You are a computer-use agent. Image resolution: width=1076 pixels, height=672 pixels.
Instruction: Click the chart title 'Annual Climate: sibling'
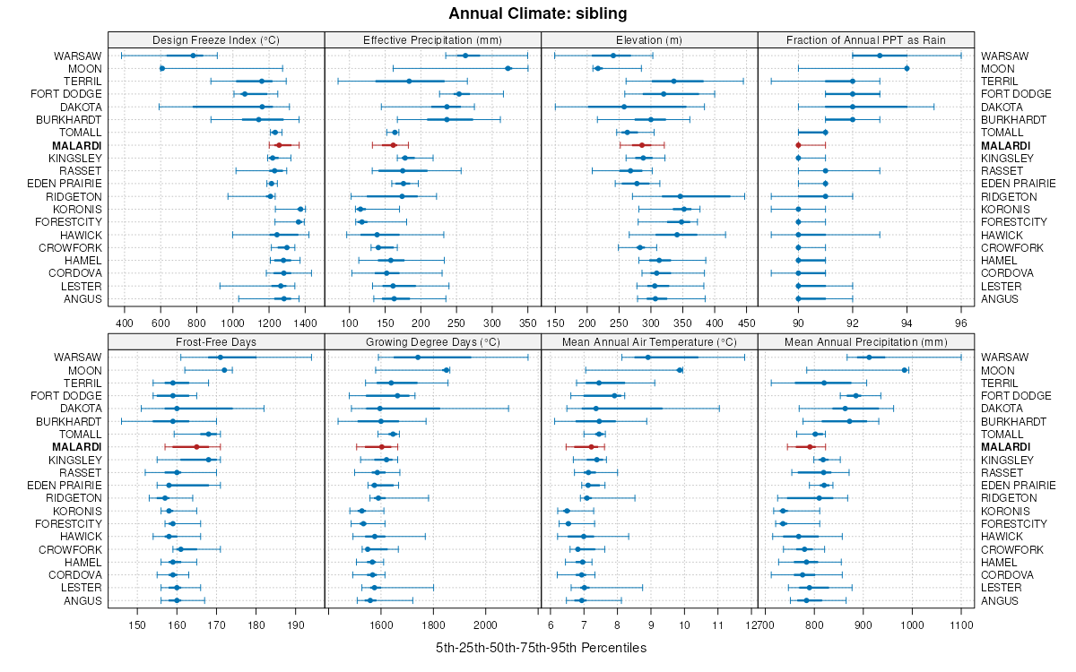(538, 13)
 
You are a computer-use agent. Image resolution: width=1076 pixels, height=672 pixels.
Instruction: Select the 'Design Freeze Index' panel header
(216, 39)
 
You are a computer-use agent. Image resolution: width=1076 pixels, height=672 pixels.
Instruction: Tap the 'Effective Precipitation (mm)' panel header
(432, 39)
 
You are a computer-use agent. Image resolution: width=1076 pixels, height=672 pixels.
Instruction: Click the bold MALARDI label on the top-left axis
(76, 145)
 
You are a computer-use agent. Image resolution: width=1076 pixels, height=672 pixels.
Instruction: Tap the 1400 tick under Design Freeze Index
(305, 323)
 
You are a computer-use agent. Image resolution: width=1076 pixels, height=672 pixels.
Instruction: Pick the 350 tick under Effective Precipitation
(527, 323)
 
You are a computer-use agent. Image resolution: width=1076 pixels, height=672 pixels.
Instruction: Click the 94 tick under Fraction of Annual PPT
(907, 323)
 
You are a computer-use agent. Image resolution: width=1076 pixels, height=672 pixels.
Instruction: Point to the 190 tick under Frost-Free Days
(296, 625)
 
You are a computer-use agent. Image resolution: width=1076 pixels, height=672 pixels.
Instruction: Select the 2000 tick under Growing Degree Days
(485, 625)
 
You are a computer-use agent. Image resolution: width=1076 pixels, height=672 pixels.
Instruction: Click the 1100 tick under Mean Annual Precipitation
(960, 625)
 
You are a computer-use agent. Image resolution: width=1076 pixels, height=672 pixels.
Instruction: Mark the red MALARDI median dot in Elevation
(641, 145)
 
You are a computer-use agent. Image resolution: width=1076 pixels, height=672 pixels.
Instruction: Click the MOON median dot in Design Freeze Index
(162, 68)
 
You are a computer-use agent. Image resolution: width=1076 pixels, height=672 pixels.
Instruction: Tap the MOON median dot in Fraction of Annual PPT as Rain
(907, 68)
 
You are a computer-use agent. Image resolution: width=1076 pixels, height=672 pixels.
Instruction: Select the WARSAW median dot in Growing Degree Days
(418, 358)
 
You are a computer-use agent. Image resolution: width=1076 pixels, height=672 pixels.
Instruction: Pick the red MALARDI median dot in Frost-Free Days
(196, 446)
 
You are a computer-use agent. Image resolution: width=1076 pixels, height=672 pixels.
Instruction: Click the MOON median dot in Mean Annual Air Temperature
(680, 370)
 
